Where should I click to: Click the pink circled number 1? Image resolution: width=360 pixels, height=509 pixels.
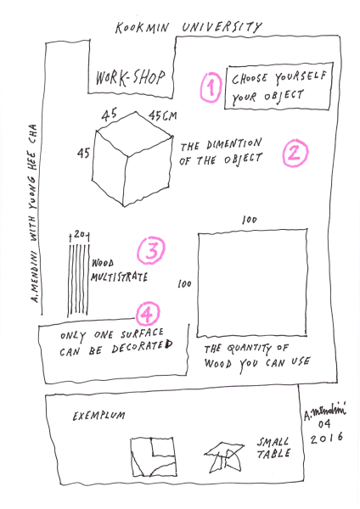[211, 87]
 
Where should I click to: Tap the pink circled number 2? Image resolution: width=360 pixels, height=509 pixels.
[295, 154]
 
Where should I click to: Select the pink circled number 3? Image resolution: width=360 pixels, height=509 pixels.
[151, 250]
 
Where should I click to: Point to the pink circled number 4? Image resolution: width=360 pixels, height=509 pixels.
[148, 313]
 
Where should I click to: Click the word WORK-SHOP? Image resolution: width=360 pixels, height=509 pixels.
[130, 78]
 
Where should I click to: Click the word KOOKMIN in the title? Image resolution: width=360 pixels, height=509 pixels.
[142, 28]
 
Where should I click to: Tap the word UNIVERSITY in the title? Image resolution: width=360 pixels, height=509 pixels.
[222, 27]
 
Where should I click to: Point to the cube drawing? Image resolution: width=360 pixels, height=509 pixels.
[132, 159]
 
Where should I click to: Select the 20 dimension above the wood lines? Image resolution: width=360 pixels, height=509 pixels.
[80, 234]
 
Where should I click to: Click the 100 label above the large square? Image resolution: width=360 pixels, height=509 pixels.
[250, 220]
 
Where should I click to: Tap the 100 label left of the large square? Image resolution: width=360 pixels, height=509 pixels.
[184, 284]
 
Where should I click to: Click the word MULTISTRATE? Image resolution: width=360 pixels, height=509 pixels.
[119, 277]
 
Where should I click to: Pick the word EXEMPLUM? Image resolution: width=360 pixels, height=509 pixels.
[98, 417]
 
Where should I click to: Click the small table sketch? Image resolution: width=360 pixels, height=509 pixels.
[224, 457]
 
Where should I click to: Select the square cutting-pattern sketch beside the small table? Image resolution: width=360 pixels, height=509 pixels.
[154, 456]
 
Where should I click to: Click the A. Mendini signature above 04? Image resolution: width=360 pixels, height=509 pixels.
[324, 411]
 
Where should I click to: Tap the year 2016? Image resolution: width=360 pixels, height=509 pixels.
[326, 438]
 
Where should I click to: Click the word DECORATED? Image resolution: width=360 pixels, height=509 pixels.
[143, 347]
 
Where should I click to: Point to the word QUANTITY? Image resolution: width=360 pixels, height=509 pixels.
[249, 349]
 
